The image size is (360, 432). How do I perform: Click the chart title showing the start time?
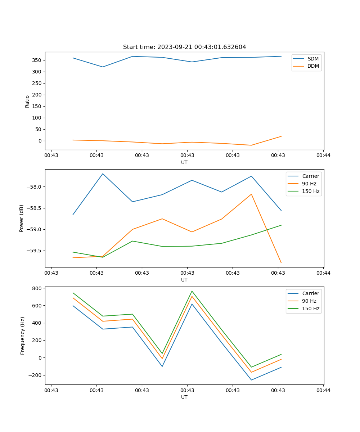[x=184, y=47]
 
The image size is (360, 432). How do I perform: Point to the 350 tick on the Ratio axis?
[x=37, y=60]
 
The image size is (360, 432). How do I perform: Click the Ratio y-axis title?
[x=27, y=101]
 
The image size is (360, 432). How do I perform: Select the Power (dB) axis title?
[x=22, y=218]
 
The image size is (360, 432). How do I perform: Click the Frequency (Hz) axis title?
[x=22, y=336]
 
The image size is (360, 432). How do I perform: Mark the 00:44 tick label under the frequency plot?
[x=323, y=390]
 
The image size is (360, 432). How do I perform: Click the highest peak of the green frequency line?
[x=192, y=291]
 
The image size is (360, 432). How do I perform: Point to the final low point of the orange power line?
[x=281, y=263]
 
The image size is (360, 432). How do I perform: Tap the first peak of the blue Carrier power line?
[x=103, y=174]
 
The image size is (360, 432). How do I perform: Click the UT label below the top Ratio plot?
[x=184, y=162]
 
